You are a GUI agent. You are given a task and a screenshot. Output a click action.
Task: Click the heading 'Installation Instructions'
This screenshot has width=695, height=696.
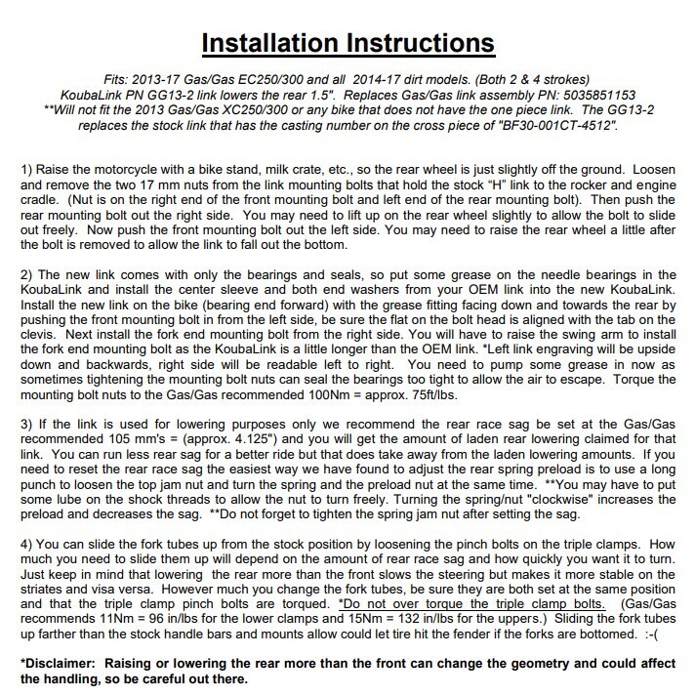[x=347, y=44]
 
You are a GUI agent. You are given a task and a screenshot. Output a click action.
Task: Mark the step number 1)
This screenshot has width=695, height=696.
[x=28, y=173]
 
